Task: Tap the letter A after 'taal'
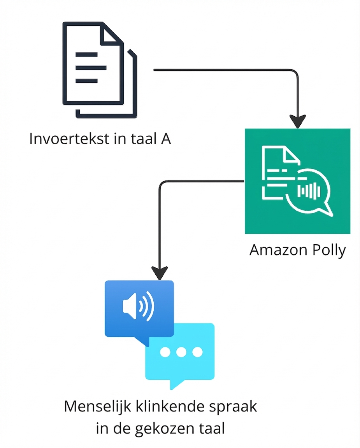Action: coord(165,139)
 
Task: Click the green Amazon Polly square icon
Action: coord(297,181)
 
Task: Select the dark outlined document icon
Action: coord(99,70)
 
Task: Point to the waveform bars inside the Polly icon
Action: coord(309,191)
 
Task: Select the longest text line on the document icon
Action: coord(91,68)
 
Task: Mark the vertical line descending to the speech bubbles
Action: coord(159,226)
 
